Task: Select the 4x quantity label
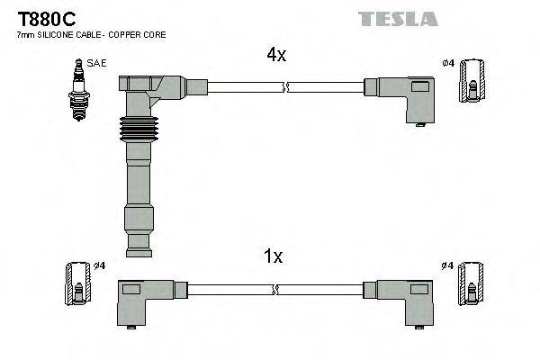coord(275,55)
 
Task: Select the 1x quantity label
coord(274,256)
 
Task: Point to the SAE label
coord(94,63)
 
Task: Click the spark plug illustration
coord(76,88)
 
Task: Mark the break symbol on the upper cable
coord(284,88)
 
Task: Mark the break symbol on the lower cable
coord(275,291)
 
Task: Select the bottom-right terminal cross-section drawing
coord(472,285)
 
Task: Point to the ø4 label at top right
coord(448,62)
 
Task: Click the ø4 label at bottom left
coord(100,265)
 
